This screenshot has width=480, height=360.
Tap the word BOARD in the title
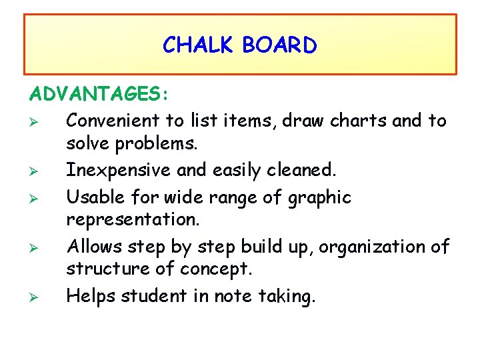pos(280,45)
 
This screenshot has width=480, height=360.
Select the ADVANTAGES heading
pos(98,94)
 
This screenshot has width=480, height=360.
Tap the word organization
pos(376,247)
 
